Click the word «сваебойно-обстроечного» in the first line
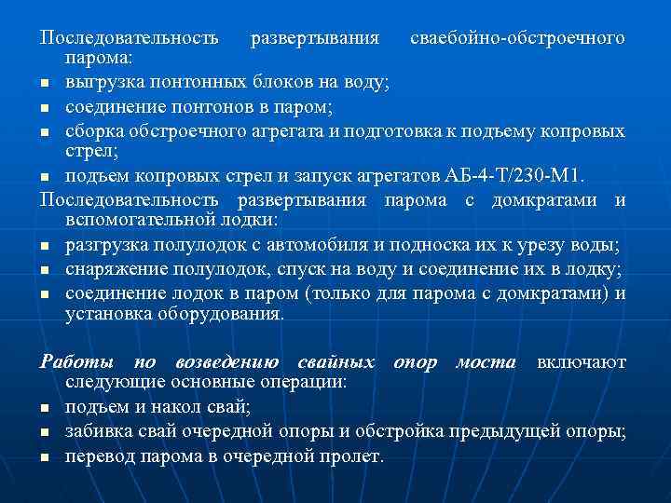point(517,39)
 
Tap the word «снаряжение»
point(109,269)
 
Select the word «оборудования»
point(226,314)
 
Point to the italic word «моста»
point(485,361)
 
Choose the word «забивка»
point(98,431)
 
